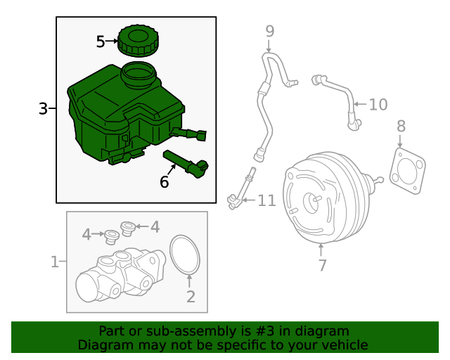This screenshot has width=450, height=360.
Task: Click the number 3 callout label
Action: click(43, 109)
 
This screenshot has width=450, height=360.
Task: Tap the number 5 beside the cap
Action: click(101, 42)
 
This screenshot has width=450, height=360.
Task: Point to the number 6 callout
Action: click(165, 182)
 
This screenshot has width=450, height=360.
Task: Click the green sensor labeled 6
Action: click(187, 162)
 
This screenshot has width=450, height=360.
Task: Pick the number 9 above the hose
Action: click(269, 31)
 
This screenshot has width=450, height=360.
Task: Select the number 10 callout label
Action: click(378, 105)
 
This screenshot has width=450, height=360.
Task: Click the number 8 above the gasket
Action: click(401, 127)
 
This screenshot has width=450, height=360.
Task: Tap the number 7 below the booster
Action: click(322, 266)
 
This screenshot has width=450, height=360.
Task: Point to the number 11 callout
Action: click(266, 202)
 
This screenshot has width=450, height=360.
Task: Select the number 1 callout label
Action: click(54, 262)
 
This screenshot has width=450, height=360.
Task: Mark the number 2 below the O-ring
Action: click(191, 297)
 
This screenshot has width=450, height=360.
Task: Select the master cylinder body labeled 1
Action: click(116, 278)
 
